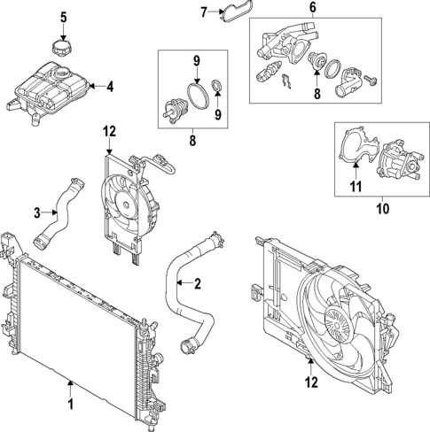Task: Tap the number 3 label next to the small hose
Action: pos(36,212)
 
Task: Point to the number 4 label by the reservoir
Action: pos(110,87)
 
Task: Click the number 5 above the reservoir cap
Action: pos(63,17)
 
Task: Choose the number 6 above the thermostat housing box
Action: pos(312,7)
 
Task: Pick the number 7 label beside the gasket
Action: pos(203,12)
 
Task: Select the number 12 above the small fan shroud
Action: pos(107,132)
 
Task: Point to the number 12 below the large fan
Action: pos(309,382)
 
